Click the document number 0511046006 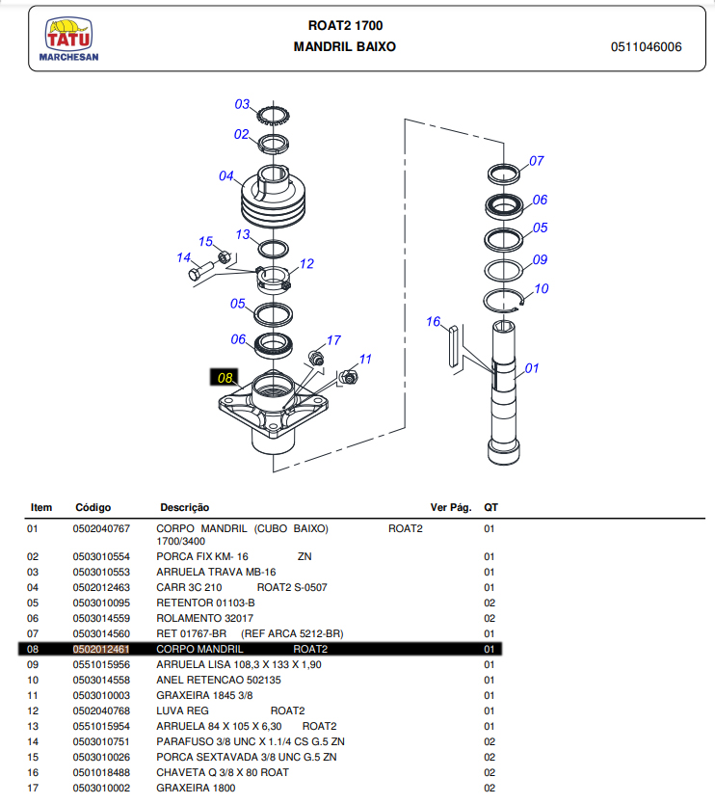[646, 47]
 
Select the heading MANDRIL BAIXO [344, 46]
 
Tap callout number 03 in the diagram [242, 104]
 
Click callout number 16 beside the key [434, 321]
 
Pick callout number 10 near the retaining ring [541, 288]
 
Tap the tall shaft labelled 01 [506, 395]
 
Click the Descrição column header [184, 507]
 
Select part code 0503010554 [101, 556]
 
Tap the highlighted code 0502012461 [101, 649]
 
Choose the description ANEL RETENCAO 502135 [219, 680]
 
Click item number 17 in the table [34, 788]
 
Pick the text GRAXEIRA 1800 [196, 788]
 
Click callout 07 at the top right [537, 161]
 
